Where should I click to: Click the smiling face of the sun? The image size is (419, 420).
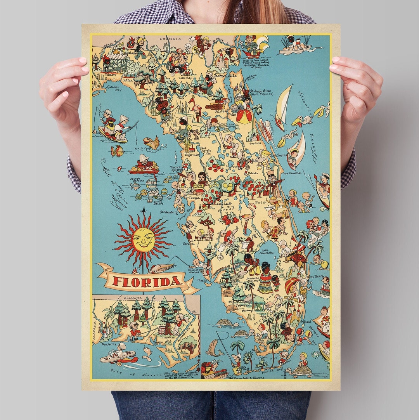142,240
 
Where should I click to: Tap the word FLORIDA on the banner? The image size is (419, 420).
147,281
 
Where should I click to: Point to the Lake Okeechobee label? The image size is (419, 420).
267,251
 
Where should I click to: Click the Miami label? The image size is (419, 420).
306,322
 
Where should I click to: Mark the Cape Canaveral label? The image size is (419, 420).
291,173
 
